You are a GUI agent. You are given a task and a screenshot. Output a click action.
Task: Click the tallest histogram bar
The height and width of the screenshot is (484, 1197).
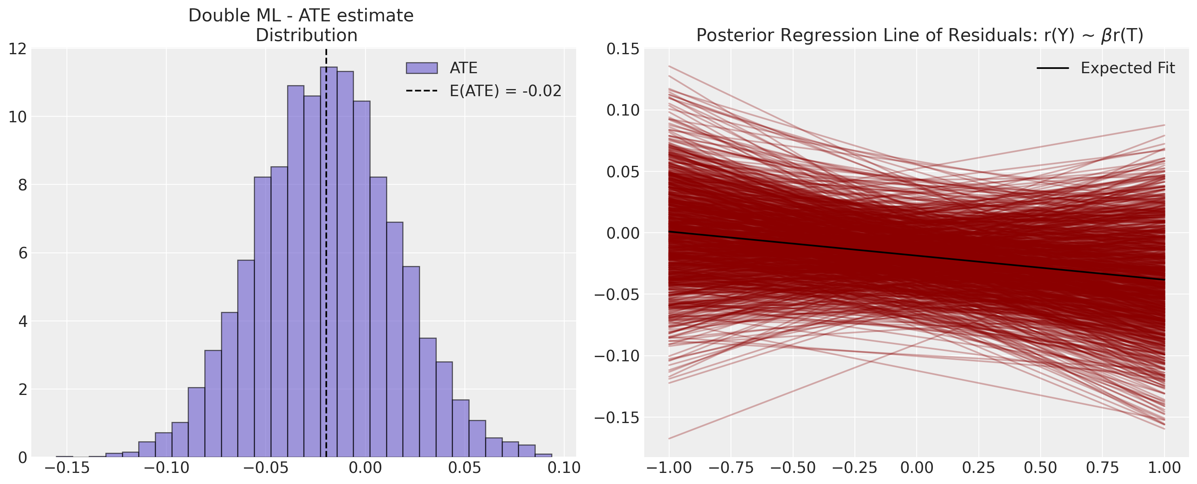click(x=329, y=260)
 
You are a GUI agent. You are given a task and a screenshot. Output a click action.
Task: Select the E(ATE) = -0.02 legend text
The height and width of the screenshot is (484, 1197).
click(x=505, y=91)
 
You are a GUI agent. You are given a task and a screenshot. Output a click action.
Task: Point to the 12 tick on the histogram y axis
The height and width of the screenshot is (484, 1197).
click(x=18, y=49)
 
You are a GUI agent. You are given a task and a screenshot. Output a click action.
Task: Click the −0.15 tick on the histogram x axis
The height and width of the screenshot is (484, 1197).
click(x=67, y=468)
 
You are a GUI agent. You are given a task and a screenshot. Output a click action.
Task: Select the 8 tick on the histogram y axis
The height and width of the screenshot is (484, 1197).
click(x=21, y=185)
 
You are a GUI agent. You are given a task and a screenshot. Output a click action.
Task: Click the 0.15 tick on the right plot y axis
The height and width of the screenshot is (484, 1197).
click(x=622, y=49)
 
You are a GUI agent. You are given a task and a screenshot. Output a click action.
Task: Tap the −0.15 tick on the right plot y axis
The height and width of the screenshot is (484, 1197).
click(x=617, y=418)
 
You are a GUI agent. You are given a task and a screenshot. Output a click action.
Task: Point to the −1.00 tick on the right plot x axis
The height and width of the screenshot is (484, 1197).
click(x=669, y=468)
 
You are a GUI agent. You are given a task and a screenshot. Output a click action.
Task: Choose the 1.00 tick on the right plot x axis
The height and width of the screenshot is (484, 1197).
click(x=1165, y=468)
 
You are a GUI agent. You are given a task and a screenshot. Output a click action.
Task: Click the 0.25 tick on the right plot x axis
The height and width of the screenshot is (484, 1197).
click(x=978, y=468)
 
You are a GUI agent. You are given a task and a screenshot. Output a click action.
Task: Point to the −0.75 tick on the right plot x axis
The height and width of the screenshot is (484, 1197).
click(x=731, y=468)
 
